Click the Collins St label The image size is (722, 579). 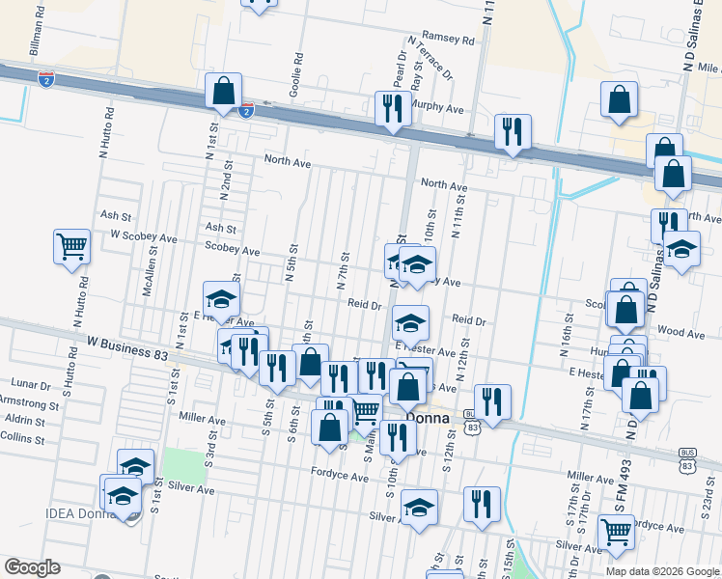(24, 437)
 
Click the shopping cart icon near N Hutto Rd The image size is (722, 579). (71, 247)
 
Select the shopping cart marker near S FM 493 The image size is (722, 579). (615, 528)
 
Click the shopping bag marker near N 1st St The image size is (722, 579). (223, 93)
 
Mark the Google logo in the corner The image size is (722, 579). (32, 567)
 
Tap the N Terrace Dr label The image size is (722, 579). (430, 57)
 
